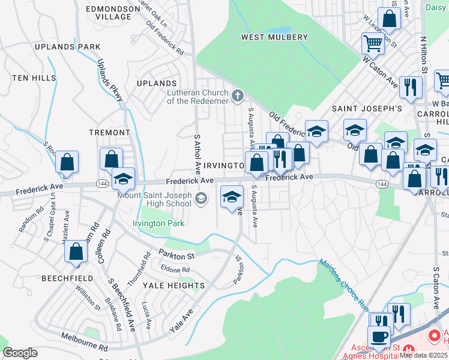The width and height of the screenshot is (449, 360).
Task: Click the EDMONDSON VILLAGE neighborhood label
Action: coord(109,13)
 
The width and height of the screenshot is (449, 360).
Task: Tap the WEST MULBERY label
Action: coord(274,37)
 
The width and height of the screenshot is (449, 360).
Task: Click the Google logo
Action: coord(20,353)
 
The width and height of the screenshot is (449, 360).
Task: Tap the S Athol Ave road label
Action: coord(196,154)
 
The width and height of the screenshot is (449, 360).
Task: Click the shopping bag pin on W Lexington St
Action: coord(389,18)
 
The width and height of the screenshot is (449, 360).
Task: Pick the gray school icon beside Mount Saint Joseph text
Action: coord(202,198)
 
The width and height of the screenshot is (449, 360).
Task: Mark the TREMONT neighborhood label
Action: coord(109,132)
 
